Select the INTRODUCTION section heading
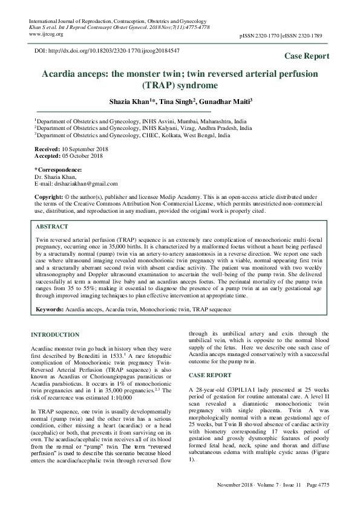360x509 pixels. pyautogui.click(x=55, y=334)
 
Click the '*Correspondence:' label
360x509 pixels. pyautogui.click(x=58, y=169)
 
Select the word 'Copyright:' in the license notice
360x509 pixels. pyautogui.click(x=49, y=198)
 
